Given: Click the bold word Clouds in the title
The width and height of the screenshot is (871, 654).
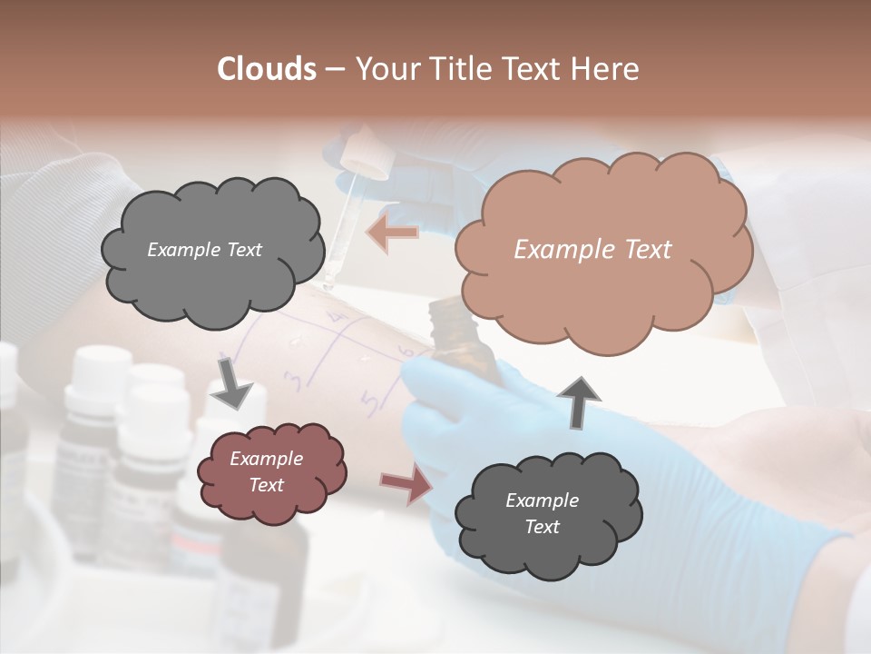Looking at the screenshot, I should pyautogui.click(x=267, y=69).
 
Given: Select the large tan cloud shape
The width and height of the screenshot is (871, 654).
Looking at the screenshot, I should pyautogui.click(x=603, y=250).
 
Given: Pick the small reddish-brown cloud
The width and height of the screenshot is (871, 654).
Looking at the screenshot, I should pyautogui.click(x=271, y=471).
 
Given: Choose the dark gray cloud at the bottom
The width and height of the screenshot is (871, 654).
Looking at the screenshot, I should pyautogui.click(x=547, y=513).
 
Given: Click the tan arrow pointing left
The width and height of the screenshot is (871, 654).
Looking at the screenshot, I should pyautogui.click(x=393, y=233).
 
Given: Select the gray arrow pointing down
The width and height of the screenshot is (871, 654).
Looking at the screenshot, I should pyautogui.click(x=231, y=382).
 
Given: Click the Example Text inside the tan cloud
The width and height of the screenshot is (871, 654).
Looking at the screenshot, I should pyautogui.click(x=592, y=250).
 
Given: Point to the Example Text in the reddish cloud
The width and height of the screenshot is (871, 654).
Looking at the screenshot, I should pyautogui.click(x=266, y=471).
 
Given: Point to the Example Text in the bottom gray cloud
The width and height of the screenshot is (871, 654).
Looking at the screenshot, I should pyautogui.click(x=542, y=513).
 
